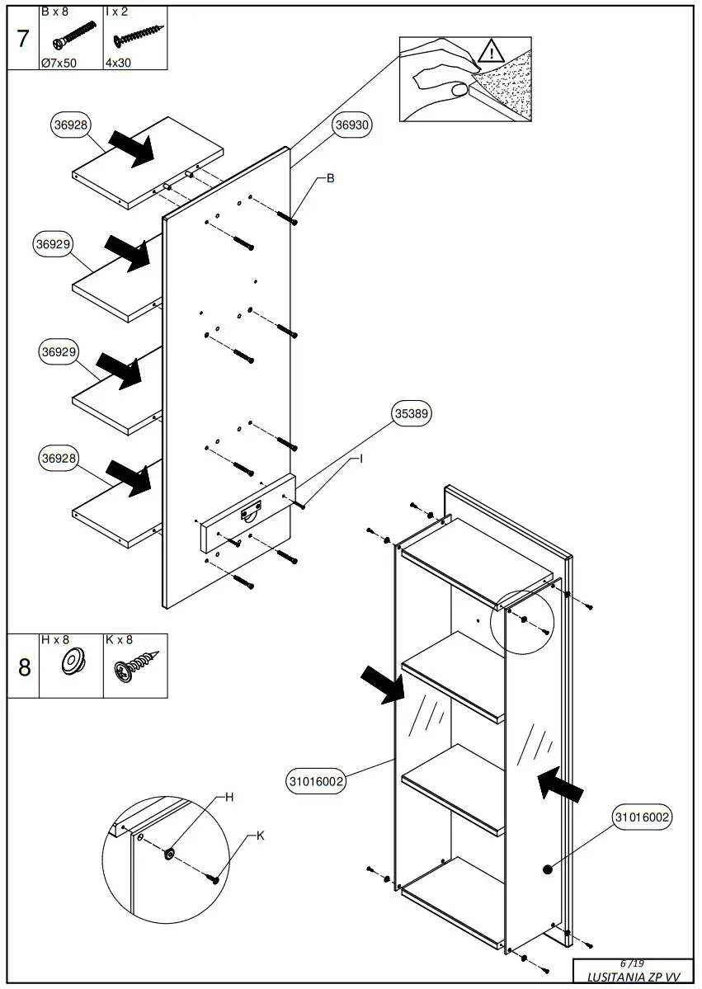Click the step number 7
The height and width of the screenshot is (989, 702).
(x=23, y=39)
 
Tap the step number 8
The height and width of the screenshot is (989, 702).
(x=24, y=666)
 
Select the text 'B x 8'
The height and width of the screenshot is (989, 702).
(x=55, y=12)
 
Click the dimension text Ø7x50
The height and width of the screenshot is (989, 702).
(x=59, y=63)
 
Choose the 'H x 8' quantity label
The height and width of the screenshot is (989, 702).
(x=55, y=639)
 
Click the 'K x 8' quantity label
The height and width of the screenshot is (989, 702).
(x=119, y=639)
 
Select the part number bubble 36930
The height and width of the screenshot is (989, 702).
(x=352, y=125)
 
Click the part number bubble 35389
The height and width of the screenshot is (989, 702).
(x=412, y=414)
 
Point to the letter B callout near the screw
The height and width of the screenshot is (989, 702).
(x=330, y=177)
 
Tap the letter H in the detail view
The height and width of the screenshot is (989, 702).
(x=230, y=797)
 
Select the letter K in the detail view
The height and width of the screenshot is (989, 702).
(x=260, y=836)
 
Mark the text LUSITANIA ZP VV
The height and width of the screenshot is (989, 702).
(x=634, y=977)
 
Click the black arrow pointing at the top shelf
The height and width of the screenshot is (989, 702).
(x=132, y=148)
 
